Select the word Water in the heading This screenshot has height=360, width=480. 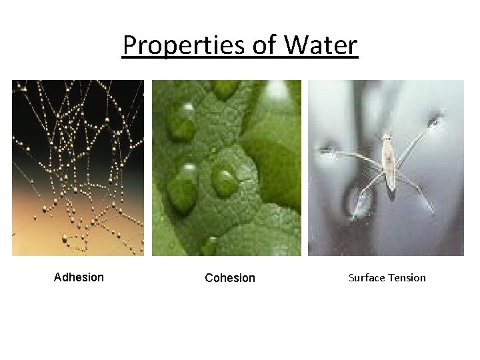coord(321,46)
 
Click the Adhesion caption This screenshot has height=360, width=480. coord(79,277)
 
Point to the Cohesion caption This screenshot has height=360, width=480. coord(230,278)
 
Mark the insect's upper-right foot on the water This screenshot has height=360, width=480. coord(435,121)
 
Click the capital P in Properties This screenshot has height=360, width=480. coord(129,46)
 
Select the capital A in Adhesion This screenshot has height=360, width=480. coord(57,277)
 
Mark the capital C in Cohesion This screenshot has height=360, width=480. coord(209,278)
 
